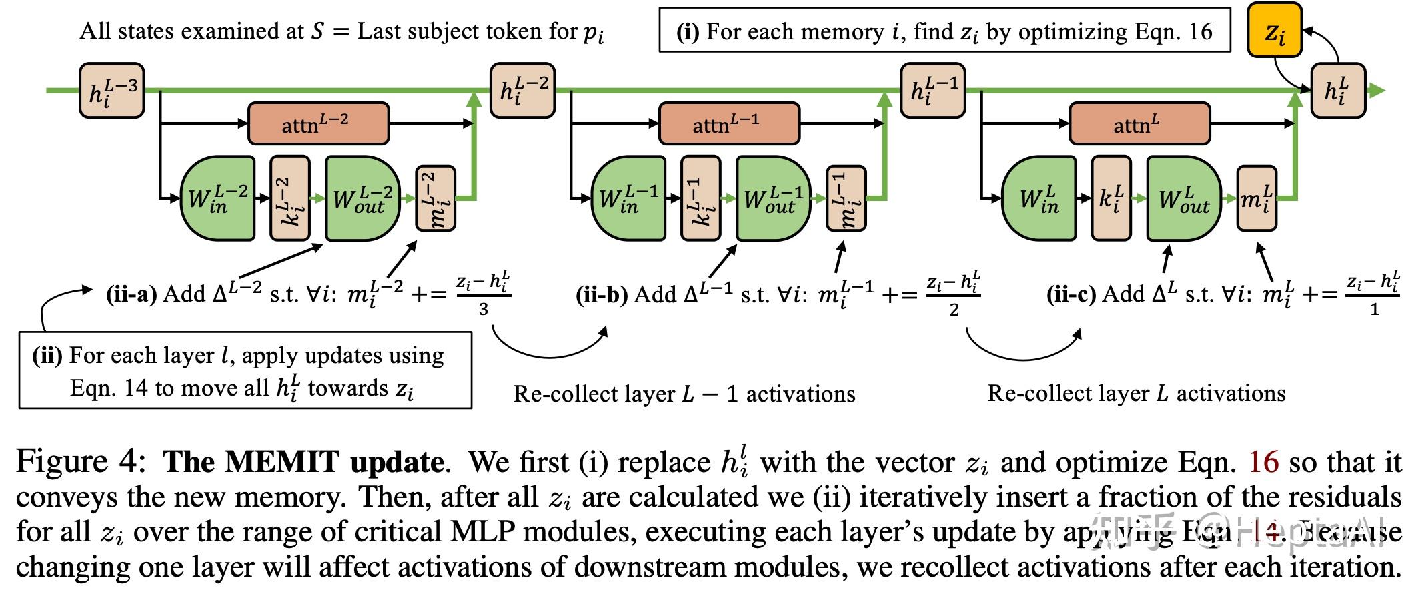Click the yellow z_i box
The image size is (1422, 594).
coord(1275,31)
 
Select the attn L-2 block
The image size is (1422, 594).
coord(318,123)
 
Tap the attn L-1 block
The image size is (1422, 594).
coord(729,123)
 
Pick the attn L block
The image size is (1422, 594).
coord(1139,123)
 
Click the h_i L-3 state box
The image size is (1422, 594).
coord(112,91)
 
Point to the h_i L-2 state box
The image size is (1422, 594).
coord(523,91)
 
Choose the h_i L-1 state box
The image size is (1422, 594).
coord(933,91)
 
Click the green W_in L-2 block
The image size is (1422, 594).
coord(217,198)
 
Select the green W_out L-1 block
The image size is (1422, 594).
coord(773,198)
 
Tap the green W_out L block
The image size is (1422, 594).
coord(1184,198)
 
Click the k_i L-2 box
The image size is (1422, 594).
coord(290,198)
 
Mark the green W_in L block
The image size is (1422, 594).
coord(1038,198)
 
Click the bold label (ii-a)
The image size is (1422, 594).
coord(131,294)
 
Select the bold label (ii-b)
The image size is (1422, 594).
coord(602,294)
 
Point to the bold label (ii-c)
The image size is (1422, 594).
coord(1071,294)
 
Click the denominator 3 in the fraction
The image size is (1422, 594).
coord(484,309)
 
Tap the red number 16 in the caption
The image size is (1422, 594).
coord(1263,462)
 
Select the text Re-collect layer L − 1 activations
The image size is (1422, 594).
coord(684,394)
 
